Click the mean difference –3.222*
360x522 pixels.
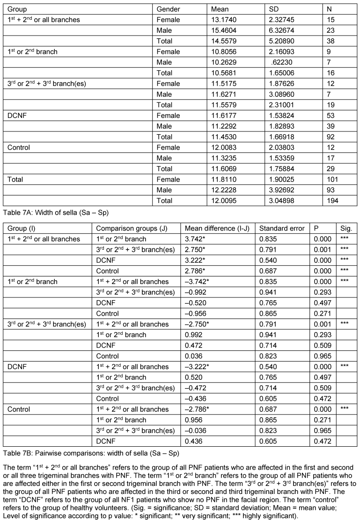tap(198, 367)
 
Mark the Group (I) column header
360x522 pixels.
tap(25, 228)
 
